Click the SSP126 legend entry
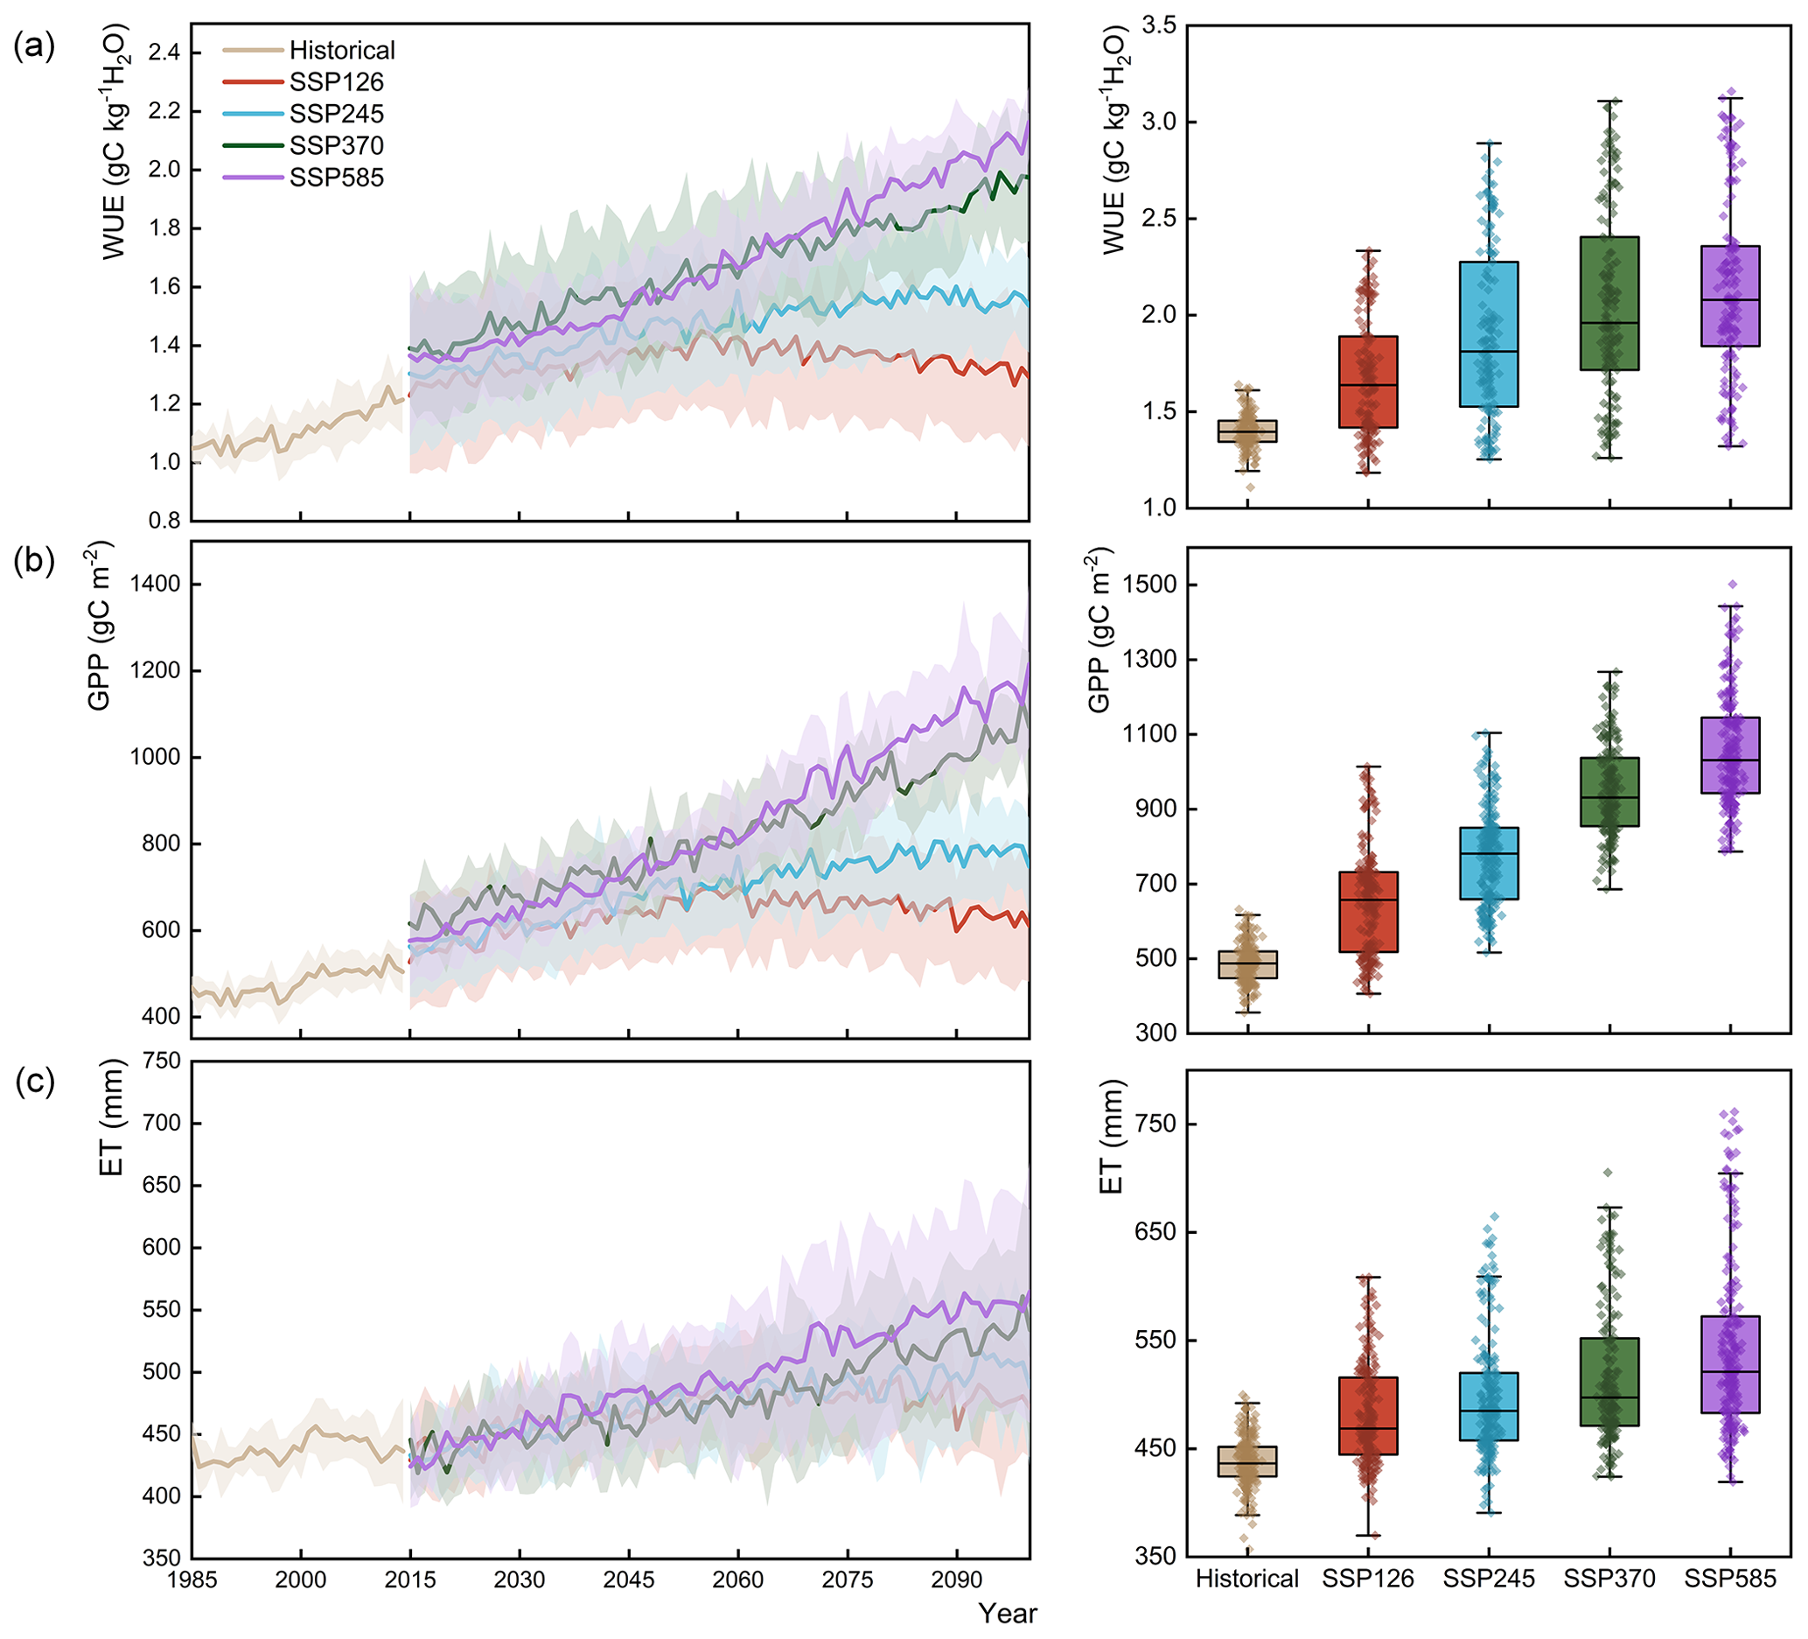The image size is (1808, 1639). (335, 82)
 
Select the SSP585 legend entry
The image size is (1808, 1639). (335, 178)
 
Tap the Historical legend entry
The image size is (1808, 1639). (342, 50)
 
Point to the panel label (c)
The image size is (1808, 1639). (34, 1082)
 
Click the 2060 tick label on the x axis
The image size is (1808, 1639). (738, 1579)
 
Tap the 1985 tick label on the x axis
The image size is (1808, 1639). (192, 1579)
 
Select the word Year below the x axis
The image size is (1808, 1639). (1008, 1613)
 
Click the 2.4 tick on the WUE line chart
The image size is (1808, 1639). (164, 53)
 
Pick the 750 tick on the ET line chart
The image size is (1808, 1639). (163, 1061)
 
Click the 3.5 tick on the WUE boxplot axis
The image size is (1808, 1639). (1158, 25)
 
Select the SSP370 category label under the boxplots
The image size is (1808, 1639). (1609, 1579)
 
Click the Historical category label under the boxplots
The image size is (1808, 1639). (1246, 1579)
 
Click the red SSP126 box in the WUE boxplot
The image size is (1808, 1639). (1368, 382)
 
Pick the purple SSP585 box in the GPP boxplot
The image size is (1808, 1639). (1730, 755)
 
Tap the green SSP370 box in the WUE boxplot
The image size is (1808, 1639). (1609, 304)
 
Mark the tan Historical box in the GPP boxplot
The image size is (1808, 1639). (1247, 964)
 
